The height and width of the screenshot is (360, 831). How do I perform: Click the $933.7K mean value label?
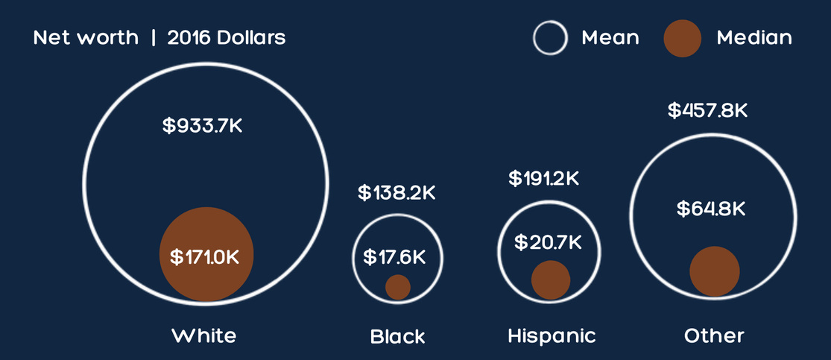point(203,125)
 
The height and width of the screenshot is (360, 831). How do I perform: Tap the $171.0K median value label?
point(205,257)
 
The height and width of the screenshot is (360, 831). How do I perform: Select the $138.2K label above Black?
point(396,192)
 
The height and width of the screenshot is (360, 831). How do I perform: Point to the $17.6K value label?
point(395,257)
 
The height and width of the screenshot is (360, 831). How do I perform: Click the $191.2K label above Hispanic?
point(543,179)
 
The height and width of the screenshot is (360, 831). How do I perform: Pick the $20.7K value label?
point(548,241)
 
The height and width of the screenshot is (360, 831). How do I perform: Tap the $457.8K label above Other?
point(707,111)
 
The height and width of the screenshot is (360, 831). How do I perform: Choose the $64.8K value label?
point(711,209)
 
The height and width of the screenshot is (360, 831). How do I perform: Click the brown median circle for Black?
point(398,287)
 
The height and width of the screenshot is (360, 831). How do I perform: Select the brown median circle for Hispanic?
point(551,280)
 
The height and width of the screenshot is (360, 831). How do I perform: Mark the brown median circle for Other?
point(714,271)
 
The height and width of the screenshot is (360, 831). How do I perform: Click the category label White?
point(203,335)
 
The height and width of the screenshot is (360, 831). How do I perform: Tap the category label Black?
point(397,336)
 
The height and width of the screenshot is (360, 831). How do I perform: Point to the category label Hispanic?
point(552,335)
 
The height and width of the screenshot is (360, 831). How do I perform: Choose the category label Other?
point(714,335)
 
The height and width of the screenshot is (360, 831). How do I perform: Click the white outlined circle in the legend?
point(550,38)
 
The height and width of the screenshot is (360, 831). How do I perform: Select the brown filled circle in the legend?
point(682,38)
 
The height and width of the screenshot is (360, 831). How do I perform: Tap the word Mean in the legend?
point(610,37)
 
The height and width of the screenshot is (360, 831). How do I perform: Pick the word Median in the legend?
point(754,37)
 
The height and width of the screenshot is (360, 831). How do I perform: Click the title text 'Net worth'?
point(86,37)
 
